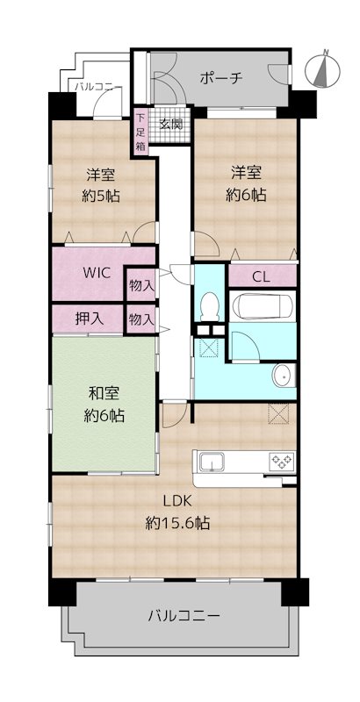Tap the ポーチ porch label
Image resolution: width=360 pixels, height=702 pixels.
[x=220, y=78]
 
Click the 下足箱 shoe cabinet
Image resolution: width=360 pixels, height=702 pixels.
[x=141, y=133]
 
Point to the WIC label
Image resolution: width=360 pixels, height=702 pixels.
[x=97, y=273]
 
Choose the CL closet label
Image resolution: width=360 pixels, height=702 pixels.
[x=261, y=276]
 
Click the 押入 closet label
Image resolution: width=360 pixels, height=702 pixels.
[x=90, y=319]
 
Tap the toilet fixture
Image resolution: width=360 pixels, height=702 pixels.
[x=209, y=306]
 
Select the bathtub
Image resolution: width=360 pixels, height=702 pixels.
[x=263, y=305]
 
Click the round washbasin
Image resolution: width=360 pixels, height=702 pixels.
[x=282, y=376]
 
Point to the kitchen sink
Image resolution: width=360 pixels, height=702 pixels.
[x=212, y=462]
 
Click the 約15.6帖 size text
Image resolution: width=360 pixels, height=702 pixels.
[x=177, y=522]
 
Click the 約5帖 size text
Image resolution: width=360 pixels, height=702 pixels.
[x=101, y=196]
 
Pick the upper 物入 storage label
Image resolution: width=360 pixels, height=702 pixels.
[x=142, y=284]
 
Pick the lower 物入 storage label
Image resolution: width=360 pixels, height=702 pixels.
[x=142, y=319]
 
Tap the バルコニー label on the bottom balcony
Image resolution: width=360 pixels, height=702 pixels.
[x=184, y=616]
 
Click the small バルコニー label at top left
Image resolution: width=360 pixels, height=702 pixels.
[x=98, y=86]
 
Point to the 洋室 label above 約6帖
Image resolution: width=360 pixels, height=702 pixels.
[x=246, y=172]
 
